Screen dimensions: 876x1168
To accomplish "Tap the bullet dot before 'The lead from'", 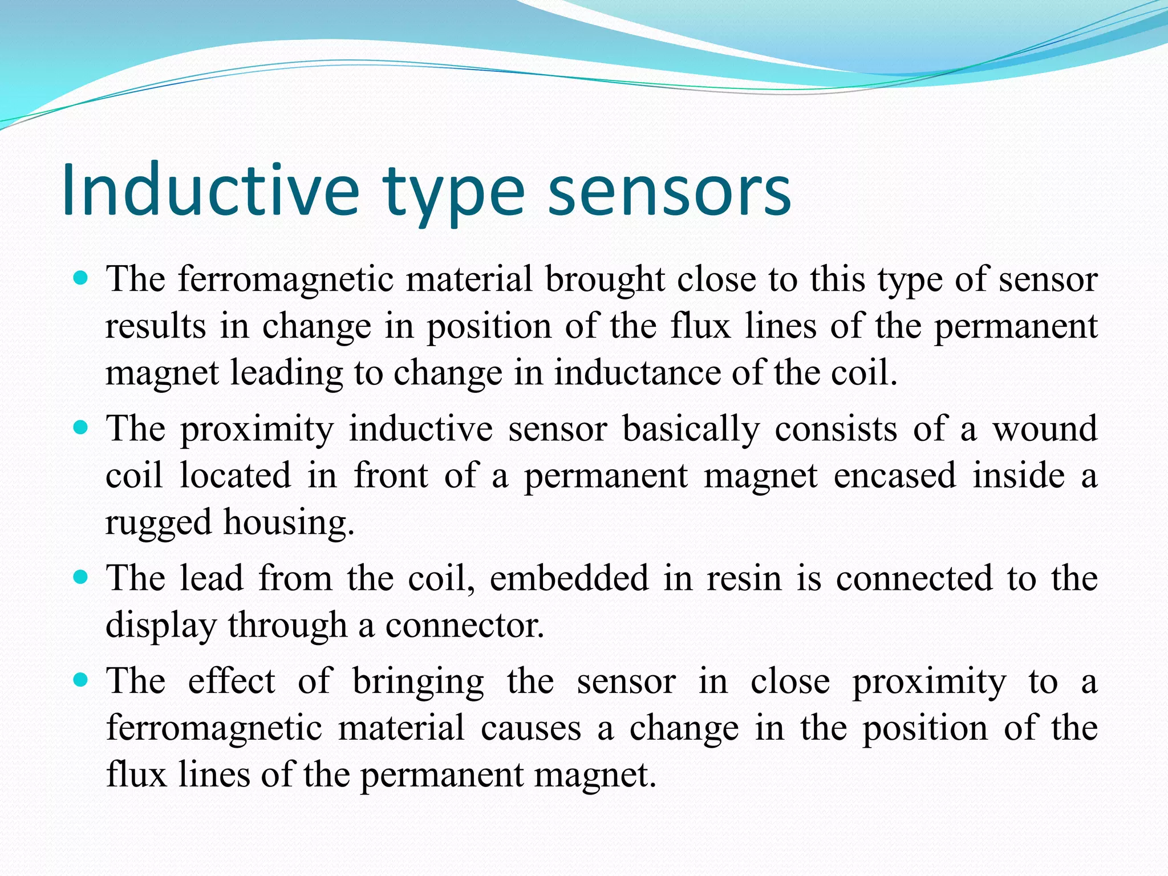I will click(81, 577).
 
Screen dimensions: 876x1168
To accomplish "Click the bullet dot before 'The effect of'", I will click(81, 680).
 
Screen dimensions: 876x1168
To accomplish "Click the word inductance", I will click(638, 373).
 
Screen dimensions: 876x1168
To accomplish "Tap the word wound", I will click(1045, 429).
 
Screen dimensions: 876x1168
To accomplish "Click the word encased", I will click(894, 476).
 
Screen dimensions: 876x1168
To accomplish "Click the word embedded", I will click(569, 578).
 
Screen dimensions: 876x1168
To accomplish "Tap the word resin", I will click(744, 578).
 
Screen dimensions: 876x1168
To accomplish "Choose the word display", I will click(161, 626).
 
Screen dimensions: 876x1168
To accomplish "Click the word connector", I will click(465, 626).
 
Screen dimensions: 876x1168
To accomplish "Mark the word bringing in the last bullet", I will click(418, 682).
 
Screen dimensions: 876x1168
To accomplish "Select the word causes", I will click(530, 729).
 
